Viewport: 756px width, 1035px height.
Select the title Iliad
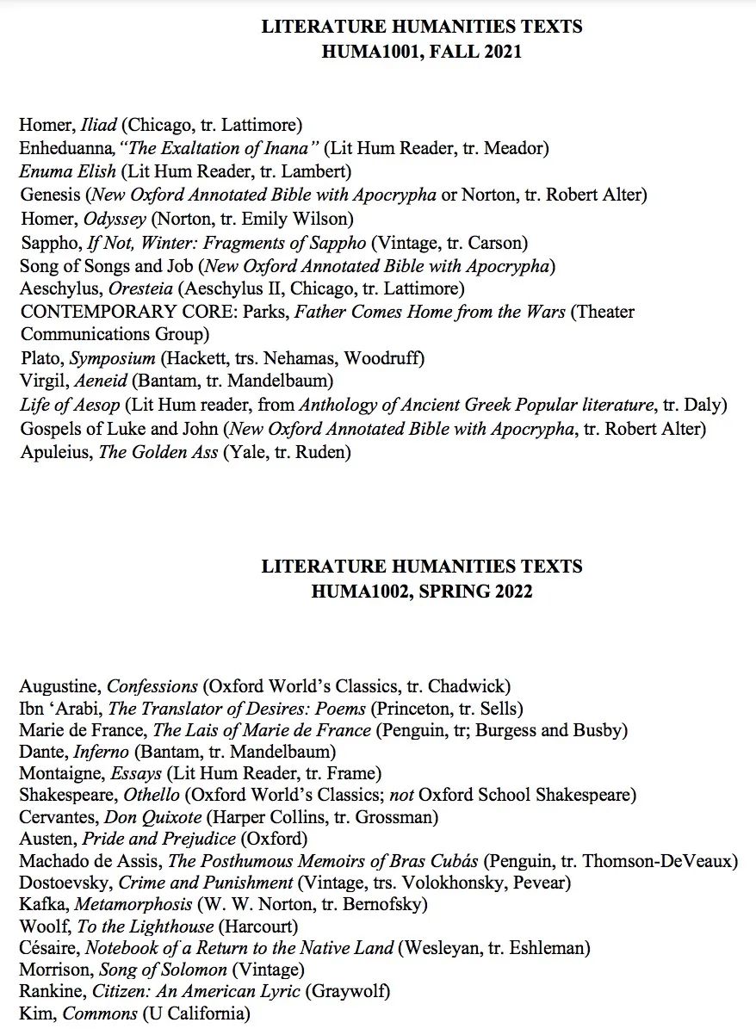click(x=101, y=125)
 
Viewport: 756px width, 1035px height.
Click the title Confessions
click(x=152, y=686)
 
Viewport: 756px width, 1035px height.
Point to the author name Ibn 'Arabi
click(x=59, y=710)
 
